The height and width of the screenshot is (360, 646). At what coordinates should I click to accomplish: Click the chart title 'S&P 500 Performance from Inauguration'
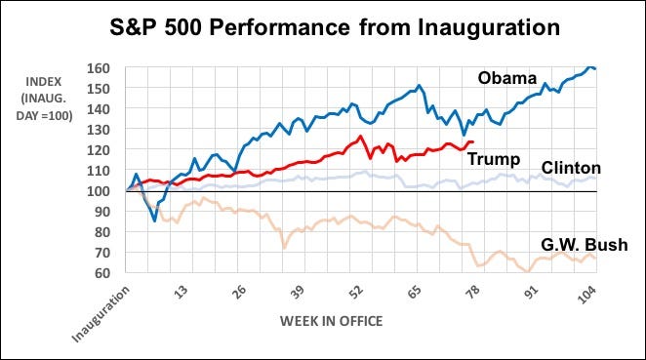point(335,27)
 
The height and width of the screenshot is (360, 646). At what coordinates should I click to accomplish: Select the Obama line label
point(507,78)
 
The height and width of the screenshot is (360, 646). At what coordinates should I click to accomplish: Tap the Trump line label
point(494,159)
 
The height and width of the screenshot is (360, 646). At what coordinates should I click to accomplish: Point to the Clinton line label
point(571,168)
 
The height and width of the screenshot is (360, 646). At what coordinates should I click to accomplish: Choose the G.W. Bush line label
point(585,245)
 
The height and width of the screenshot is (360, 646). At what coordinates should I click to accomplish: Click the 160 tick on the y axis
point(98,68)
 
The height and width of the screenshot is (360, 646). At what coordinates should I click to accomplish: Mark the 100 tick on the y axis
point(98,191)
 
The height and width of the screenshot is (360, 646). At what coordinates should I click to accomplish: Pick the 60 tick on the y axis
point(101,272)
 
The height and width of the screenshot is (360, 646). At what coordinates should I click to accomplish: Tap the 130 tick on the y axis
point(98,130)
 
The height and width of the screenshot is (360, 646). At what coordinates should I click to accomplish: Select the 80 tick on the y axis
point(101,232)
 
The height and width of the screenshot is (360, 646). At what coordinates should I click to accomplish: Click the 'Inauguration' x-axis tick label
point(101,314)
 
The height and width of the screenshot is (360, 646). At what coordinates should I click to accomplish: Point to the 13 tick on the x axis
point(181,292)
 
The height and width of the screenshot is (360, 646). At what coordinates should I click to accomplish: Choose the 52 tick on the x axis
point(356,292)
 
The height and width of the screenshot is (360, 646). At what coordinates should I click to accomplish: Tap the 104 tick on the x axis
point(586,295)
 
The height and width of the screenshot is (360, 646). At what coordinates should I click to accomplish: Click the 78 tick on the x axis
point(473,292)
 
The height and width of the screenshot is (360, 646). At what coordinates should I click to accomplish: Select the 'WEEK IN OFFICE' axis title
point(331,321)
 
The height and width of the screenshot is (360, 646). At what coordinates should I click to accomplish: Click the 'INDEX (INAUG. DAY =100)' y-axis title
point(44,99)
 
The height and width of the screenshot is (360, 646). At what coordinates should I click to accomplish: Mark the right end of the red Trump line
point(472,142)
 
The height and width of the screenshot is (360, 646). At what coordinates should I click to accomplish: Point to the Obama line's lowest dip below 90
point(154,220)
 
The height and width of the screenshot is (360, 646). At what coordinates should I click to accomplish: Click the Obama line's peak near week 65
point(419,86)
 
